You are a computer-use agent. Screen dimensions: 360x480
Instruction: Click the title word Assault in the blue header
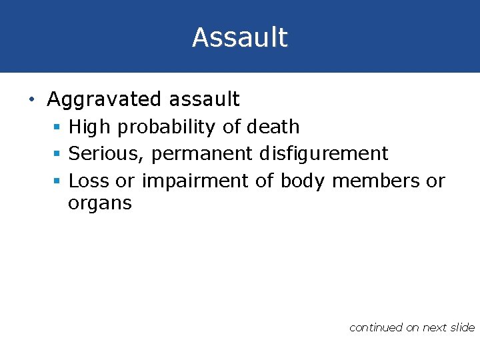point(240,37)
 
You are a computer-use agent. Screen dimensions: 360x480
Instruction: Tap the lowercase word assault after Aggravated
point(204,100)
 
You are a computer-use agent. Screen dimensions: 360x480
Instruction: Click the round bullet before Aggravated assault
point(31,100)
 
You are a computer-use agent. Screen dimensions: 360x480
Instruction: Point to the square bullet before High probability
point(59,127)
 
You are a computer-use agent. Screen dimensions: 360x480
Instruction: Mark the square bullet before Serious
point(59,154)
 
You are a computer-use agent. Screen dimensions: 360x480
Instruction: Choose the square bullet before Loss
point(59,181)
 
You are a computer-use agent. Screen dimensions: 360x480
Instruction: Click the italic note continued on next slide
point(411,327)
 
